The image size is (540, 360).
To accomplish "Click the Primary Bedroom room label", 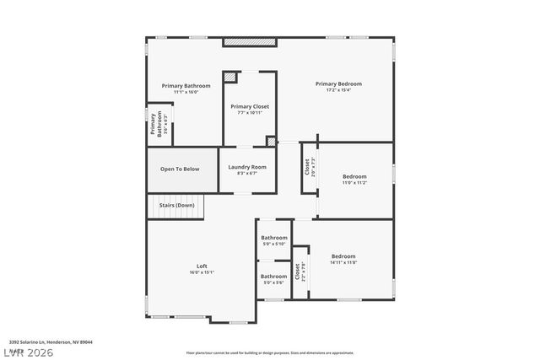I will click(x=338, y=83).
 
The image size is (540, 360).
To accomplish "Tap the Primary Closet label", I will click(x=250, y=106).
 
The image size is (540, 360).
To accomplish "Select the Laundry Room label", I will click(x=247, y=167).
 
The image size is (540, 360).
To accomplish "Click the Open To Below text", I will click(x=180, y=169).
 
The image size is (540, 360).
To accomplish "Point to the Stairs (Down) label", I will click(x=175, y=205).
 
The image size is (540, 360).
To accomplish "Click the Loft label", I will click(x=202, y=266).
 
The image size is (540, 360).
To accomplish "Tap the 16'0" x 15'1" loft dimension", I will click(x=202, y=272).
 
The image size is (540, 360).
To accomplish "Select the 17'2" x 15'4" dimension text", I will click(x=338, y=90).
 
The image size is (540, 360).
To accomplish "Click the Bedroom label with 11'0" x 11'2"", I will click(x=354, y=176).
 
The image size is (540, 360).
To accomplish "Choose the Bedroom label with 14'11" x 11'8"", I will click(x=343, y=256).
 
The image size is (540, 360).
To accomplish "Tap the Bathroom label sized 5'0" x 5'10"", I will click(x=273, y=238).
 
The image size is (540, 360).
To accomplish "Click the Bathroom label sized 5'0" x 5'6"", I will click(x=273, y=277).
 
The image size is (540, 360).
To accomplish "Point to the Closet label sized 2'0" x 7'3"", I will click(x=307, y=167).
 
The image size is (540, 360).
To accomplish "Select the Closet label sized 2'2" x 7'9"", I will click(x=297, y=271).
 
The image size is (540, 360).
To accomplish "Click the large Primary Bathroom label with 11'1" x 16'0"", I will click(x=186, y=85).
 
